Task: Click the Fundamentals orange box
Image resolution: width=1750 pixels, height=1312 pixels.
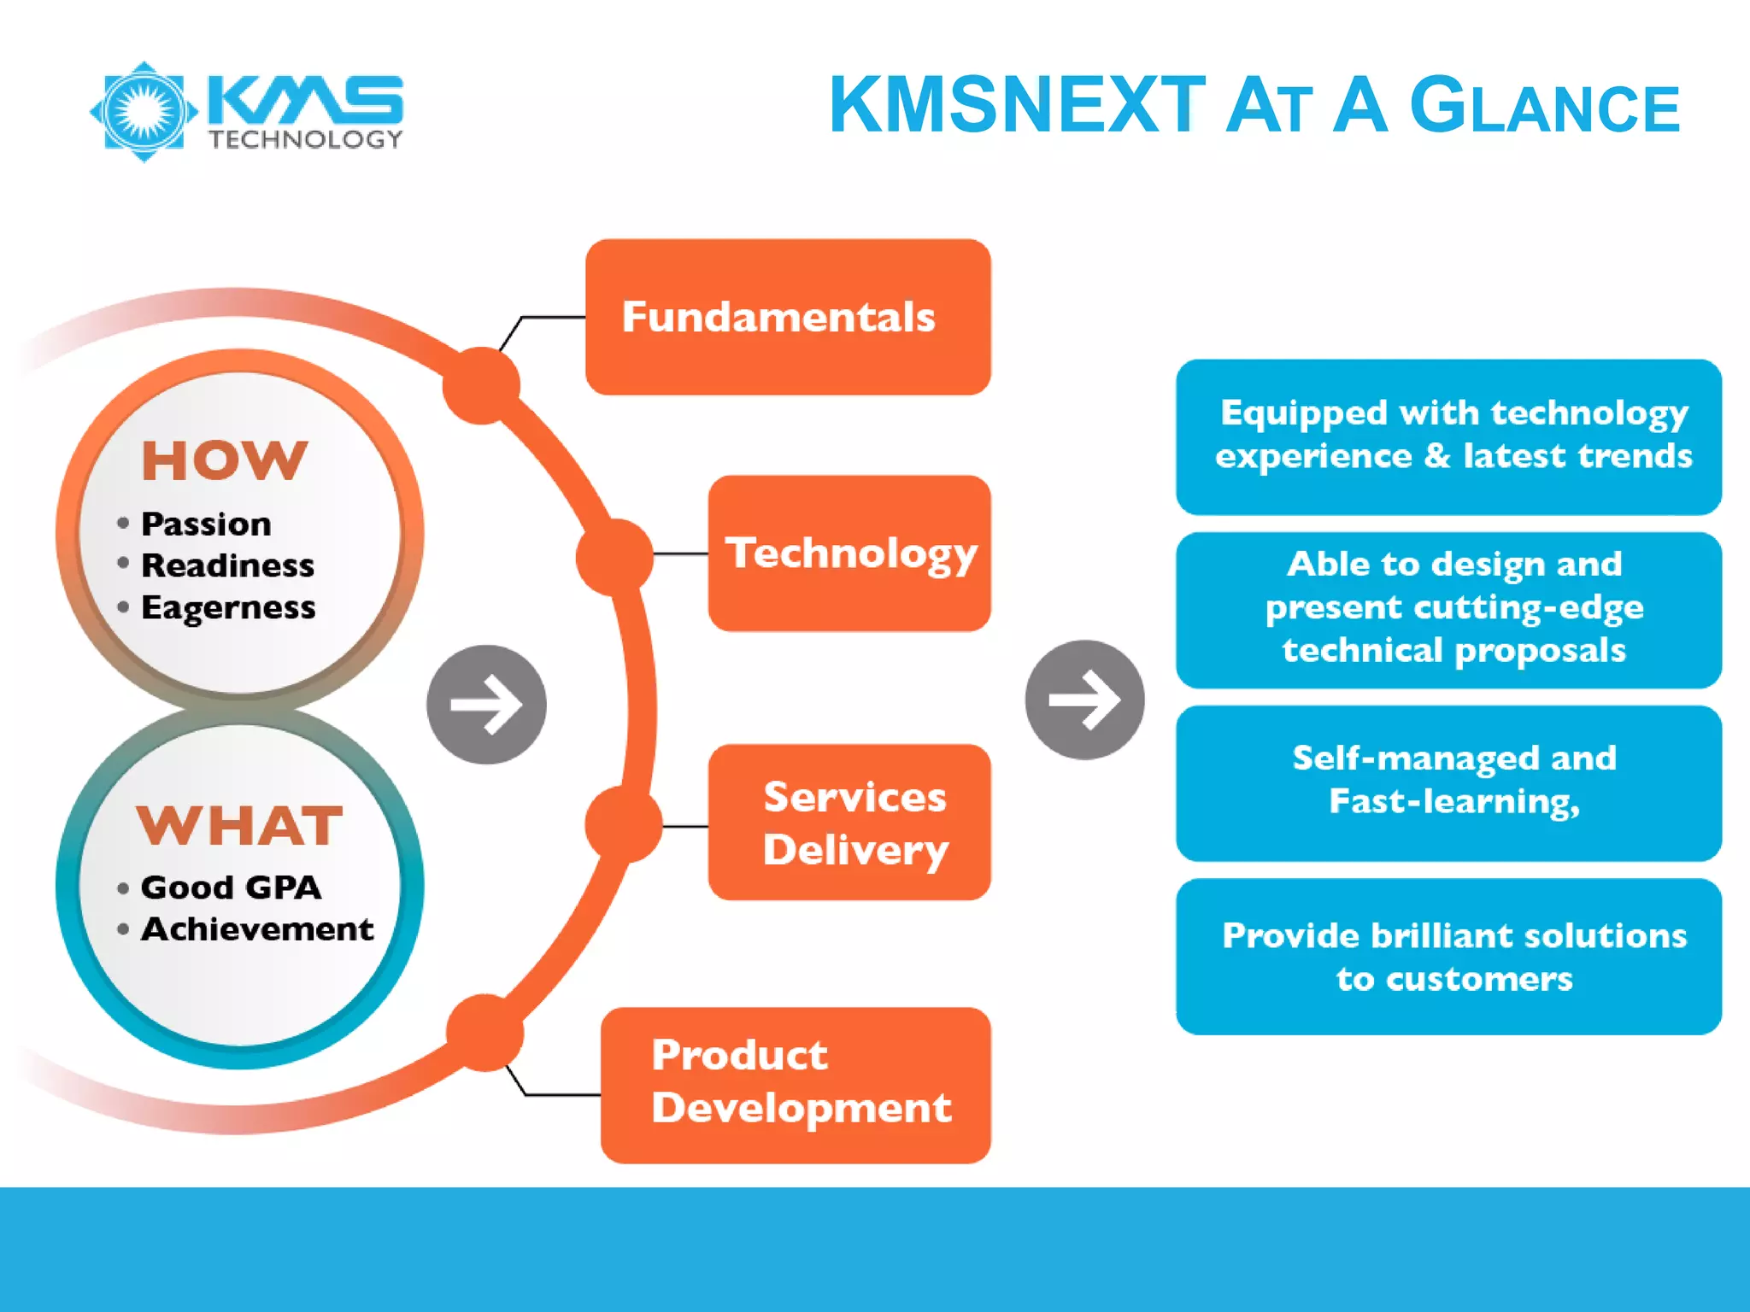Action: (787, 317)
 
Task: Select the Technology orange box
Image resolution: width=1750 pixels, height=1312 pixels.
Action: (849, 553)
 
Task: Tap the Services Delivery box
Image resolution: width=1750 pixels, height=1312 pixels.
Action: (849, 822)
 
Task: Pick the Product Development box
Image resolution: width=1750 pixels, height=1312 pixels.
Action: (795, 1085)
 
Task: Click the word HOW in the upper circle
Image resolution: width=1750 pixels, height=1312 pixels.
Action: (224, 460)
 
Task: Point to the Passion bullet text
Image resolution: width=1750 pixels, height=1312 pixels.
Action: (206, 524)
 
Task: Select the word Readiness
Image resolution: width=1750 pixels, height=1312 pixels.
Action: (227, 565)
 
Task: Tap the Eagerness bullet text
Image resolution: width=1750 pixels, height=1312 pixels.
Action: (228, 607)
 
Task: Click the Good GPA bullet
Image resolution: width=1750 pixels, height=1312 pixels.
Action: (231, 887)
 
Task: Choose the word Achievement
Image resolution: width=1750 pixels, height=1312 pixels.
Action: (256, 929)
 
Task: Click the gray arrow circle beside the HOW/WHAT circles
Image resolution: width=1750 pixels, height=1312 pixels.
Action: (486, 705)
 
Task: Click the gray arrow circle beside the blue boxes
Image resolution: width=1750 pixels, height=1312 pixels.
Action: (1084, 700)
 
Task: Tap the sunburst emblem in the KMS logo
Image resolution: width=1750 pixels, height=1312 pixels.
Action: (144, 111)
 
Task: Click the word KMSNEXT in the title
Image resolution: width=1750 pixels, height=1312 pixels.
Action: (1017, 105)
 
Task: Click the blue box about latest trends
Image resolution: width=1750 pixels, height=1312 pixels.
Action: (1448, 436)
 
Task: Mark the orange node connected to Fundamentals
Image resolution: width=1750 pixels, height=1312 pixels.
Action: (481, 385)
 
